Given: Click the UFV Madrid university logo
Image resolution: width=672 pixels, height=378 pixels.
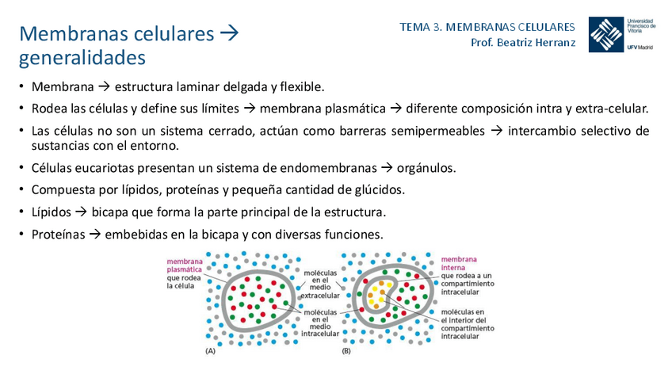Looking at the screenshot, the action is (622, 33).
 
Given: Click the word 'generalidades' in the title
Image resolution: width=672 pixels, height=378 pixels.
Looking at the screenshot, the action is (82, 58).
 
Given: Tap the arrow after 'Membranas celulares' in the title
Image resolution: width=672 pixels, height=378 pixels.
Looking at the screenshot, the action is (229, 34).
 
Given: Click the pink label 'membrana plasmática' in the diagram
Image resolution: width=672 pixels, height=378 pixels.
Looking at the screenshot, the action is (184, 265).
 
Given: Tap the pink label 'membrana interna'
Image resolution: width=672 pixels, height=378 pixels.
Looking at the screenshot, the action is (460, 263).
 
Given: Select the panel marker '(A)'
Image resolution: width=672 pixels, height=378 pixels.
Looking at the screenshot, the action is (211, 350).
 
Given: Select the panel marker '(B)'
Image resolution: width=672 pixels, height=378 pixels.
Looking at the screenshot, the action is (346, 350).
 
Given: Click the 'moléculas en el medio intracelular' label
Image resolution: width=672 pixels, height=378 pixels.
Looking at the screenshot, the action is (320, 322).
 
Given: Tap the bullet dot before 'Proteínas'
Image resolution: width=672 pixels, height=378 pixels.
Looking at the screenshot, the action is (22, 235).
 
